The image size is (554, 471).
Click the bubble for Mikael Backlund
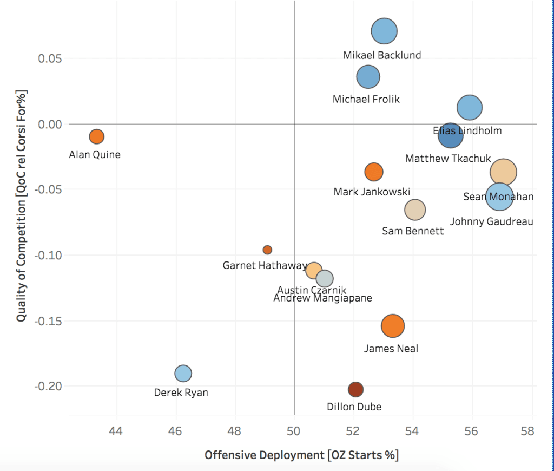(384, 31)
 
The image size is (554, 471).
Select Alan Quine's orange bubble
(96, 136)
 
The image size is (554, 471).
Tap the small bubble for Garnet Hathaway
(267, 250)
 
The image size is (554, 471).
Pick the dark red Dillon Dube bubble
(355, 389)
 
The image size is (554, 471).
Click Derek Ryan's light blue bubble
(183, 373)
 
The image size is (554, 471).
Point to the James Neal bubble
(393, 325)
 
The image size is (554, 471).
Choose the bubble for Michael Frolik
(368, 77)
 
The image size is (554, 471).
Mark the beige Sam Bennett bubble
(415, 210)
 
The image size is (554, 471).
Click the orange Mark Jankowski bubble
(374, 172)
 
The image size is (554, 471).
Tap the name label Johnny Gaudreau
(492, 221)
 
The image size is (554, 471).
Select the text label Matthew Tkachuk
(448, 159)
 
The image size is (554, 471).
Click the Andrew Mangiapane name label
(322, 298)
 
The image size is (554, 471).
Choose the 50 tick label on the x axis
(294, 431)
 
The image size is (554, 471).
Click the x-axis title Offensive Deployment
(301, 455)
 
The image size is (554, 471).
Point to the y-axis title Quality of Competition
(21, 206)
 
